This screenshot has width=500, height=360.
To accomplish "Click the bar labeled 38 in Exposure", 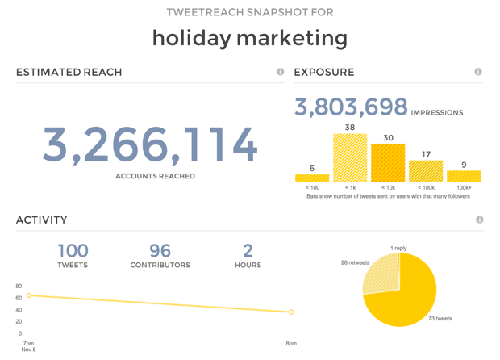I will point(350,158).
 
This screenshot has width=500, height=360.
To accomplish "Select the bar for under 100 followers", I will point(312,178).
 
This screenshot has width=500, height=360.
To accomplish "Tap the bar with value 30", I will point(388,163).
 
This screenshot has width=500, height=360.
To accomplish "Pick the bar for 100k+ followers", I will point(464,176).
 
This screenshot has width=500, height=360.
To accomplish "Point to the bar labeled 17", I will point(426,171).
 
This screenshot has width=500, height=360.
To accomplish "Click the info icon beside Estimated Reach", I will point(281,72).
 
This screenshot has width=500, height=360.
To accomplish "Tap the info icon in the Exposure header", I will point(478,72).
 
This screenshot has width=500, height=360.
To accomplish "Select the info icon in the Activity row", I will point(480,220).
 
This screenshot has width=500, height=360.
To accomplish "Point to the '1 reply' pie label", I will point(398,249).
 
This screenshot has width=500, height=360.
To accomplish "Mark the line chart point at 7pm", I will point(29,296).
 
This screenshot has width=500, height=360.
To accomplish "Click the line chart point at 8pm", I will point(291,312).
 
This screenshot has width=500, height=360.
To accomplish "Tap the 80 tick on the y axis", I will point(19,287).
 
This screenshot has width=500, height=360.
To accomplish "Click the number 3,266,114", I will point(150,144).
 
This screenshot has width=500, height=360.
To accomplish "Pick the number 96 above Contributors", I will point(160,250).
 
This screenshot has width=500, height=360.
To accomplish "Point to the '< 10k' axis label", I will point(388,188).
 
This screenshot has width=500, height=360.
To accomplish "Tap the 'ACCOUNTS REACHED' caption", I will point(155,176).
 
